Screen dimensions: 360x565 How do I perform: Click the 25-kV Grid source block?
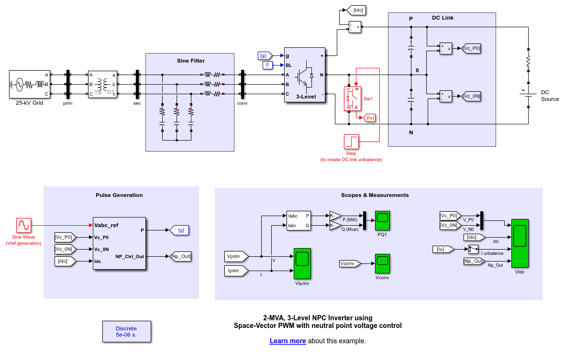29,84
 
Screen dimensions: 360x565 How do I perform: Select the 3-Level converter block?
305,74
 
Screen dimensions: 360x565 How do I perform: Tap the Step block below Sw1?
351,142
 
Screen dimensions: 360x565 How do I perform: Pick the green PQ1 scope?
382,219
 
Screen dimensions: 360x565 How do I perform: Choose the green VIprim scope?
302,263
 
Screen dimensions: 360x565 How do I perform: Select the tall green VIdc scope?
520,243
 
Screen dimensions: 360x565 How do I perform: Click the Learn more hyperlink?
288,341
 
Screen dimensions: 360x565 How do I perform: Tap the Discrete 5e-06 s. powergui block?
126,332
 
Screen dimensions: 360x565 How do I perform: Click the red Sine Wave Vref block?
23,225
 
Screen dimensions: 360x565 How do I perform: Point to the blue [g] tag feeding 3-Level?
265,55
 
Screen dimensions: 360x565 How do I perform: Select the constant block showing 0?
267,65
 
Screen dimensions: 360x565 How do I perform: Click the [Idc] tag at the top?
357,10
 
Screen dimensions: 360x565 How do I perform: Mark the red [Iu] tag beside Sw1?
369,118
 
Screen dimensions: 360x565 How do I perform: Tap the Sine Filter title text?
190,61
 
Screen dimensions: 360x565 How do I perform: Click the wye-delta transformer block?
102,84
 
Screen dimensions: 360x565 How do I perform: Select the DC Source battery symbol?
528,94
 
